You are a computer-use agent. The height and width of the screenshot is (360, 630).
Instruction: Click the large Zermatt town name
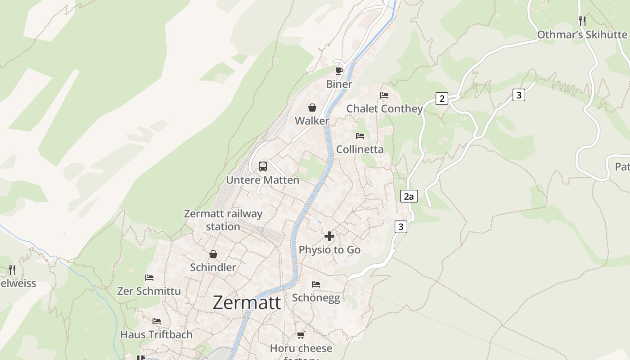pyautogui.click(x=247, y=302)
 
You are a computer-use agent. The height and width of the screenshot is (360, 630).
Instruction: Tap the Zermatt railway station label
pyautogui.click(x=223, y=220)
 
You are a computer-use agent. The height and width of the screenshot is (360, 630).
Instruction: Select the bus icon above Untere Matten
pyautogui.click(x=263, y=166)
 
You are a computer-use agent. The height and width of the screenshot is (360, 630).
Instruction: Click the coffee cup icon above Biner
pyautogui.click(x=339, y=71)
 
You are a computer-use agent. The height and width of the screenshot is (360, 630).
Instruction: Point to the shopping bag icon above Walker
pyautogui.click(x=312, y=108)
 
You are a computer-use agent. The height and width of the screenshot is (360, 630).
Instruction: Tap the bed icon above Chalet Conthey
pyautogui.click(x=384, y=95)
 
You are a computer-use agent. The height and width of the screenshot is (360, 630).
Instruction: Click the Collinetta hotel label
pyautogui.click(x=360, y=149)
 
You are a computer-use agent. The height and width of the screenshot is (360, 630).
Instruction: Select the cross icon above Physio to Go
pyautogui.click(x=329, y=236)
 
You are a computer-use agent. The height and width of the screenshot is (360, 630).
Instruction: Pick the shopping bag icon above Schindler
pyautogui.click(x=213, y=254)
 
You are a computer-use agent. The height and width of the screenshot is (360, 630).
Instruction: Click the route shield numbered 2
pyautogui.click(x=442, y=99)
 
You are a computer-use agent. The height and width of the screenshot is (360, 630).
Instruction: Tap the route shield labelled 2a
pyautogui.click(x=409, y=196)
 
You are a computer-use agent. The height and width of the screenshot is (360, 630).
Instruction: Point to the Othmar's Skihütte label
pyautogui.click(x=582, y=35)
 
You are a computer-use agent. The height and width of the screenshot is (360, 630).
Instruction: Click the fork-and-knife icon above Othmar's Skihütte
pyautogui.click(x=582, y=21)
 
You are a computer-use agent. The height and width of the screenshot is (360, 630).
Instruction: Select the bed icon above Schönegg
pyautogui.click(x=316, y=284)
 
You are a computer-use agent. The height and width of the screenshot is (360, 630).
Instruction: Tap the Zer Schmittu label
pyautogui.click(x=149, y=291)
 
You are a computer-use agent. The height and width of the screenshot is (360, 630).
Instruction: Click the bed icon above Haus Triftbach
pyautogui.click(x=157, y=321)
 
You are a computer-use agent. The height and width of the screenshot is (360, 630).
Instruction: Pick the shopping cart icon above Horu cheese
pyautogui.click(x=301, y=335)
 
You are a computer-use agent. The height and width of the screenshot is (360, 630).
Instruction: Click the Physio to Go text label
pyautogui.click(x=329, y=250)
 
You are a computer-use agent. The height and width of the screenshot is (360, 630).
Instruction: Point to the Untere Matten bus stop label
pyautogui.click(x=262, y=180)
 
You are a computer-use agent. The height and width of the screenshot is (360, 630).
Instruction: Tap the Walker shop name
pyautogui.click(x=312, y=121)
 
